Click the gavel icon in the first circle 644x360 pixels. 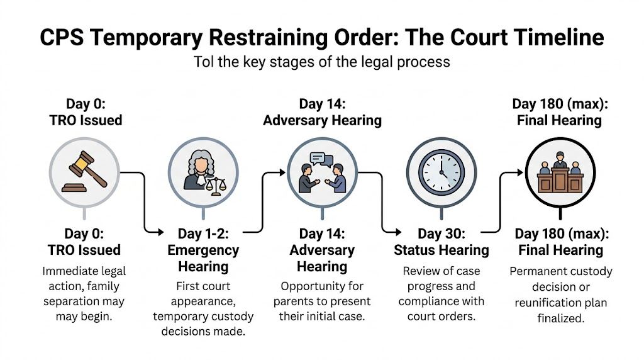point(85,171)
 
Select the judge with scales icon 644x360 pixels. point(203,171)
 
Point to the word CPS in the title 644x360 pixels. point(65,37)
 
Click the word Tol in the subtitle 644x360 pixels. point(204,62)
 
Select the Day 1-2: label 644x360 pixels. point(203,234)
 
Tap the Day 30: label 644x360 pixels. point(441,234)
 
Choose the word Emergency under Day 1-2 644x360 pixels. point(203,250)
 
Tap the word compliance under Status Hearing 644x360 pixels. point(428,301)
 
